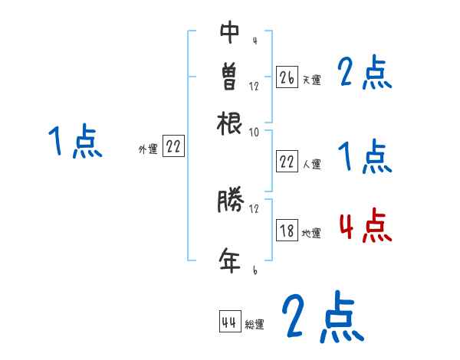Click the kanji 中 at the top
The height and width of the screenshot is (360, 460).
(229, 33)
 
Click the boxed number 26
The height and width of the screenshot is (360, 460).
(287, 78)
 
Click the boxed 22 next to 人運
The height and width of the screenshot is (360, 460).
(287, 162)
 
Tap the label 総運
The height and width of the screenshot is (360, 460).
(254, 325)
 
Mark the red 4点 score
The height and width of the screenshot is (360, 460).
(365, 227)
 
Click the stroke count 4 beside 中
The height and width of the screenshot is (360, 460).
(254, 41)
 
